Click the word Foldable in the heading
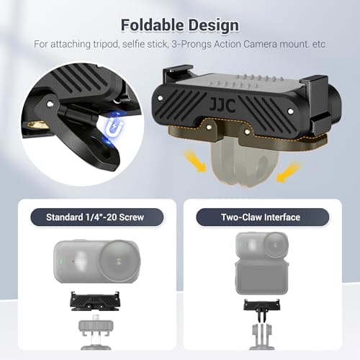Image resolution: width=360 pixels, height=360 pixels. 152,25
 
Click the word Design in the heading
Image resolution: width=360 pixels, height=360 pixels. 214,25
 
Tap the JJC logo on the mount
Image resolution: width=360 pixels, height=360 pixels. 222,105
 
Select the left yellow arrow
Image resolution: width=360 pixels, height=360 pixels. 194,161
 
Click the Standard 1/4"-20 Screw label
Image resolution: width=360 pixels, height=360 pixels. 95,217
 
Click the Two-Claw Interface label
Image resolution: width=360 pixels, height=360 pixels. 261,217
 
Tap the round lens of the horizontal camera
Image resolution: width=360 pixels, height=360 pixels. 118,261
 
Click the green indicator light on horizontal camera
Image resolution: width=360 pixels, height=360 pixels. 60,261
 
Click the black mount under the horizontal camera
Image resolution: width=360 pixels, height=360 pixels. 94,301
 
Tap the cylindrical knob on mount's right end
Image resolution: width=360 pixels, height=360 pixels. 335,104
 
